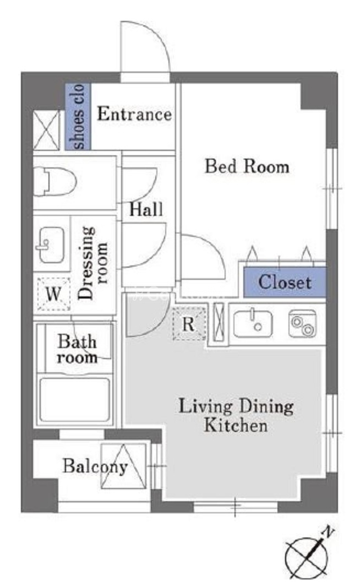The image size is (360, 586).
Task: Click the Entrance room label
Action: [134, 114]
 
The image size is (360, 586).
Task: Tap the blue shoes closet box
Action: [78, 117]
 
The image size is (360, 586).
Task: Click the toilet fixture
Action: [54, 182]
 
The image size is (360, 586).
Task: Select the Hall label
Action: [146, 209]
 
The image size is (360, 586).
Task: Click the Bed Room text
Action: [247, 166]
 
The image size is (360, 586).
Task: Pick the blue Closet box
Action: [285, 282]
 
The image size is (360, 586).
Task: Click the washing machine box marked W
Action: [54, 294]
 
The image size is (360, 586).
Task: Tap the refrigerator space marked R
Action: [189, 324]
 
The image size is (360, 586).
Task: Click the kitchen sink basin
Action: [253, 324]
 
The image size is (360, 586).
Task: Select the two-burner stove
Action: [303, 324]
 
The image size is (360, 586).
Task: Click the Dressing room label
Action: [93, 263]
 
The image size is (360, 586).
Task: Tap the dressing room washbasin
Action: [50, 245]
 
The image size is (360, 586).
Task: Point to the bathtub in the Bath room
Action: [75, 400]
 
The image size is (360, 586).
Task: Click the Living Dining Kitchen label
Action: [236, 416]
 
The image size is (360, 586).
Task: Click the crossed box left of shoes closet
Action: [47, 130]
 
